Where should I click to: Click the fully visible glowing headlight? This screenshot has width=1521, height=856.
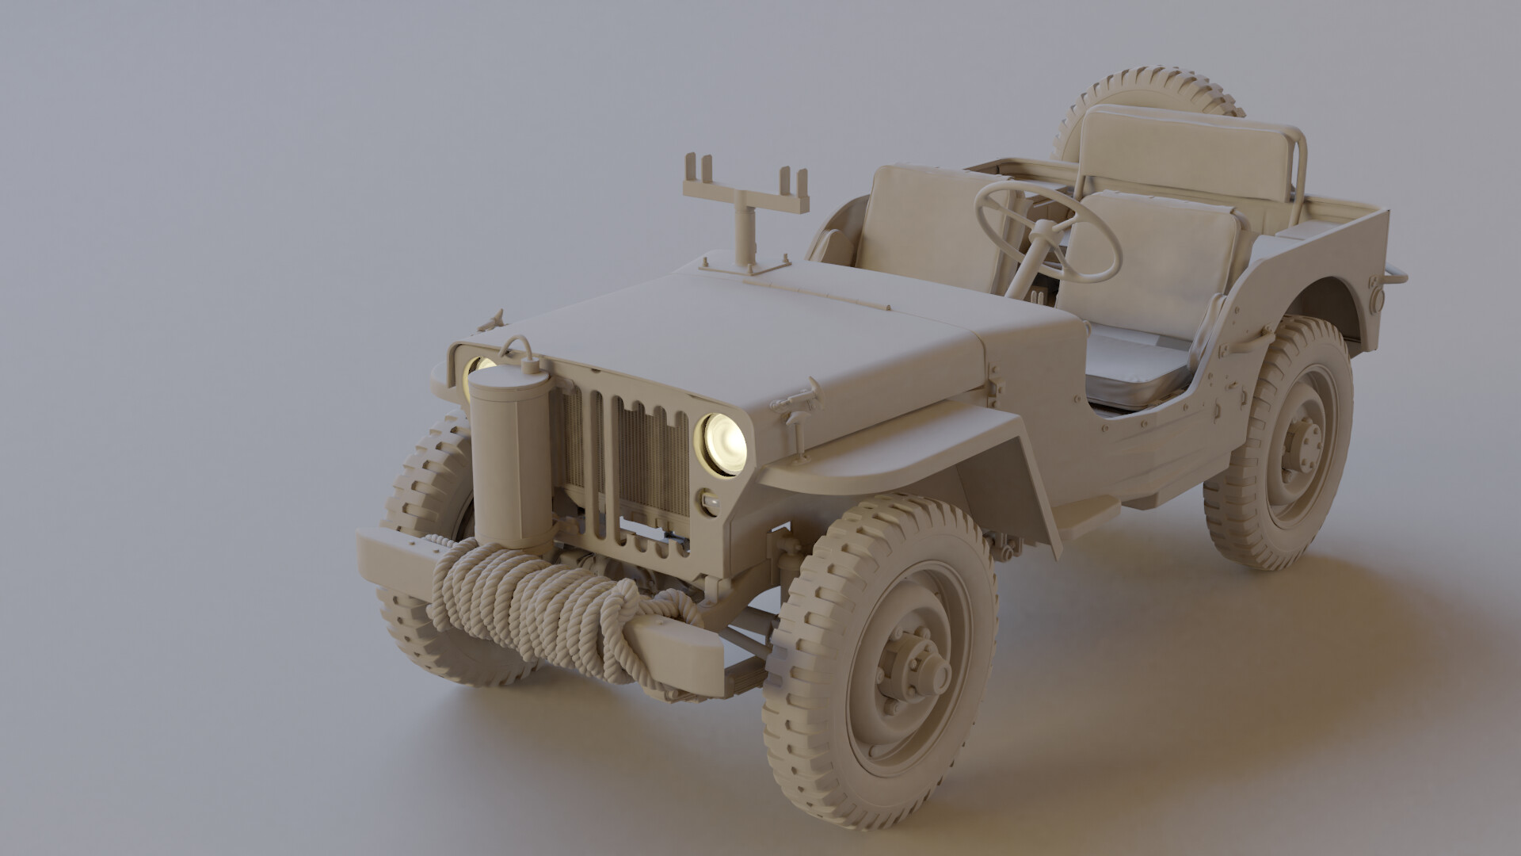(x=722, y=444)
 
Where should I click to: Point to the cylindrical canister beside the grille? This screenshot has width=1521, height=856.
(x=508, y=460)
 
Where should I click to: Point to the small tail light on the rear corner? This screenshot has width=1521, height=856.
(x=1376, y=299)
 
